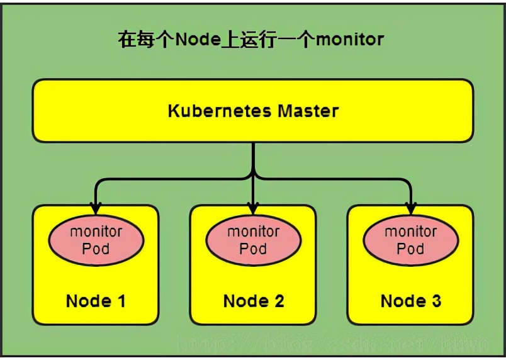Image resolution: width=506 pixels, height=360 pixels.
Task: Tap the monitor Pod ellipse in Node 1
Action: [x=96, y=240]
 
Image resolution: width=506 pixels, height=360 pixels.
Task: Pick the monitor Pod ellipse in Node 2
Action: [x=253, y=240]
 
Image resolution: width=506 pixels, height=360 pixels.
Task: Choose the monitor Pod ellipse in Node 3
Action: [x=410, y=240]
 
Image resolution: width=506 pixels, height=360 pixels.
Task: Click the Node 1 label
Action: [x=96, y=301]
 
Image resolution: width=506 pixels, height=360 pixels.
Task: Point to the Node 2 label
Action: [x=253, y=301]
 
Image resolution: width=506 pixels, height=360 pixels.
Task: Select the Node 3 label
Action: [x=410, y=301]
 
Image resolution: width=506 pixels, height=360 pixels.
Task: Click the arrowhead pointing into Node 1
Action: [x=96, y=207]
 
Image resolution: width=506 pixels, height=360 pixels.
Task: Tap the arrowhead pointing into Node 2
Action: [x=253, y=207]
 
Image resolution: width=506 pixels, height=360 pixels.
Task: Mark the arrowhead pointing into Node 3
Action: [x=410, y=207]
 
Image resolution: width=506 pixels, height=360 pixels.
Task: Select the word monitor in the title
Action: [x=349, y=40]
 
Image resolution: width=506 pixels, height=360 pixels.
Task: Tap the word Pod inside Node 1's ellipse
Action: [x=96, y=249]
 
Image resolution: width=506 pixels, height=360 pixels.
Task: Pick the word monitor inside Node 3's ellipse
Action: [x=410, y=232]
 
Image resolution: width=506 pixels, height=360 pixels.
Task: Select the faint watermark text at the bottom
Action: [x=334, y=344]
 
